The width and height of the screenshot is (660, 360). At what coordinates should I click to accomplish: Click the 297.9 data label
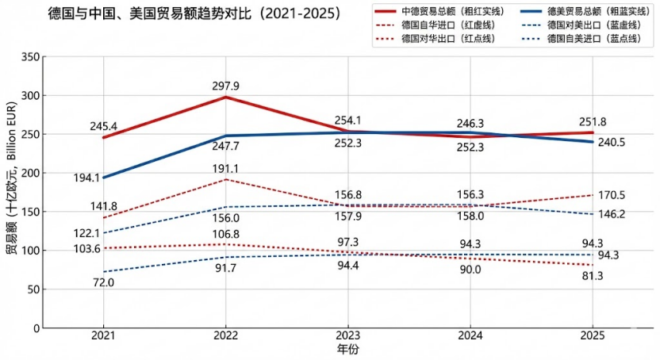pos(226,86)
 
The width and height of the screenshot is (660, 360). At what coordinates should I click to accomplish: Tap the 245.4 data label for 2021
pos(104,126)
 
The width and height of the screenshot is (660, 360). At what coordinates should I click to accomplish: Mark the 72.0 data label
pos(104,282)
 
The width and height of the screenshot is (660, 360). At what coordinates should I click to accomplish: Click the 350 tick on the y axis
pos(29,57)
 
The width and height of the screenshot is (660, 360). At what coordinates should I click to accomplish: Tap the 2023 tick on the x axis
pos(348,336)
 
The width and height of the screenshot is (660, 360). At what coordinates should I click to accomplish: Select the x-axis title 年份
pos(347,349)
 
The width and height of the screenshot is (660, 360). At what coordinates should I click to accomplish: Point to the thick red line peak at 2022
pos(226,97)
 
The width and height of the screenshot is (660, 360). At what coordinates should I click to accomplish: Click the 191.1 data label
pos(226,169)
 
